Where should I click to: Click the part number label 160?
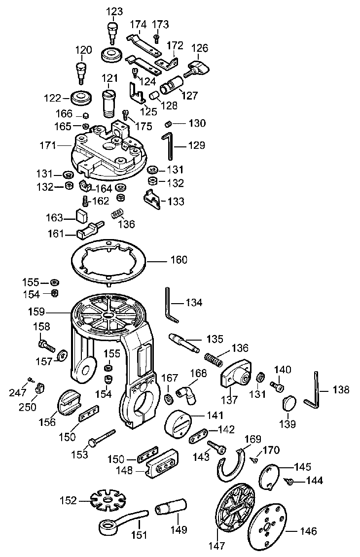coord(179,260)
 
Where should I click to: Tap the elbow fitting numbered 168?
coord(187,391)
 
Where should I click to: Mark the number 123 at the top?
coord(114,11)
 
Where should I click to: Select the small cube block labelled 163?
coord(81,215)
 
